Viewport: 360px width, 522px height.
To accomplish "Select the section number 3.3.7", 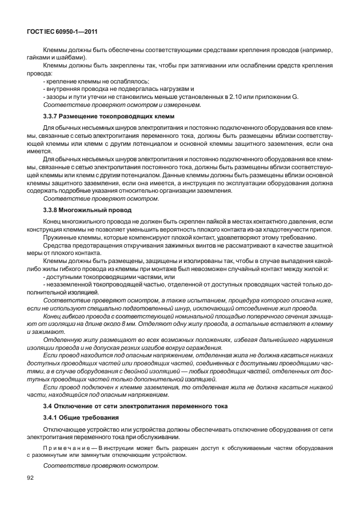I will coord(51,116).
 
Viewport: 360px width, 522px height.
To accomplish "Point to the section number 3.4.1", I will coord(51,417).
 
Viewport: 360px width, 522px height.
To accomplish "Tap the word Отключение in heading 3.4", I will coord(69,405).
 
